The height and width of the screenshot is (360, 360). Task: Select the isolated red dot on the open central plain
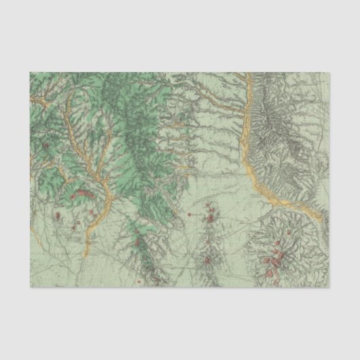[188, 215]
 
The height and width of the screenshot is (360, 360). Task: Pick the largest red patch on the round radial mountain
[275, 257]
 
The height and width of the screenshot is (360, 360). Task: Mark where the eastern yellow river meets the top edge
[249, 73]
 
